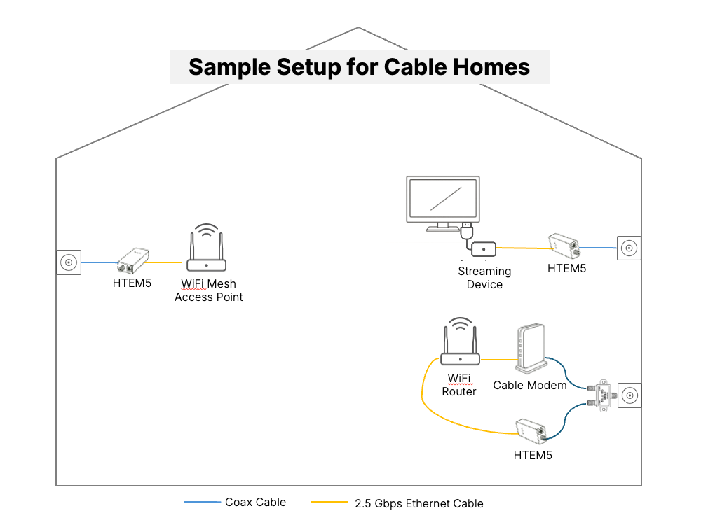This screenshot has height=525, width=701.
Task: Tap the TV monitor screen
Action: pos(444,199)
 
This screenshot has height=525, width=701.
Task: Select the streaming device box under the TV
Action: pos(484,248)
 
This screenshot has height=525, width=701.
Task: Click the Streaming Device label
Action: pos(484,278)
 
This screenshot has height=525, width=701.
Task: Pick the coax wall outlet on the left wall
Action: pos(69,262)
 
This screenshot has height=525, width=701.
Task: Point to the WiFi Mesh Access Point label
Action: pos(209,290)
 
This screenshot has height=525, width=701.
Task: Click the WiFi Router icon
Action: pos(460,345)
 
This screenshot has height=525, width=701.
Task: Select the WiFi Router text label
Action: pos(459,385)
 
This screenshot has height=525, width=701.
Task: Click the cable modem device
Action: pos(530,348)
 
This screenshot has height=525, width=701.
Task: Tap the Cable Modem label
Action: pos(530,385)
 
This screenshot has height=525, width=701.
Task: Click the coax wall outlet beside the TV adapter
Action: pos(629,248)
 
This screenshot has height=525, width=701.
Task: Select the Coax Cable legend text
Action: pos(255,502)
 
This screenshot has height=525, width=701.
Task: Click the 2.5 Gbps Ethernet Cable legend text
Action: pos(419,503)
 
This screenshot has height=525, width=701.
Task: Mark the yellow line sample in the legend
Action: pos(329,503)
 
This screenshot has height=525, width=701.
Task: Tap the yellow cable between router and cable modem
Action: pos(498,360)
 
